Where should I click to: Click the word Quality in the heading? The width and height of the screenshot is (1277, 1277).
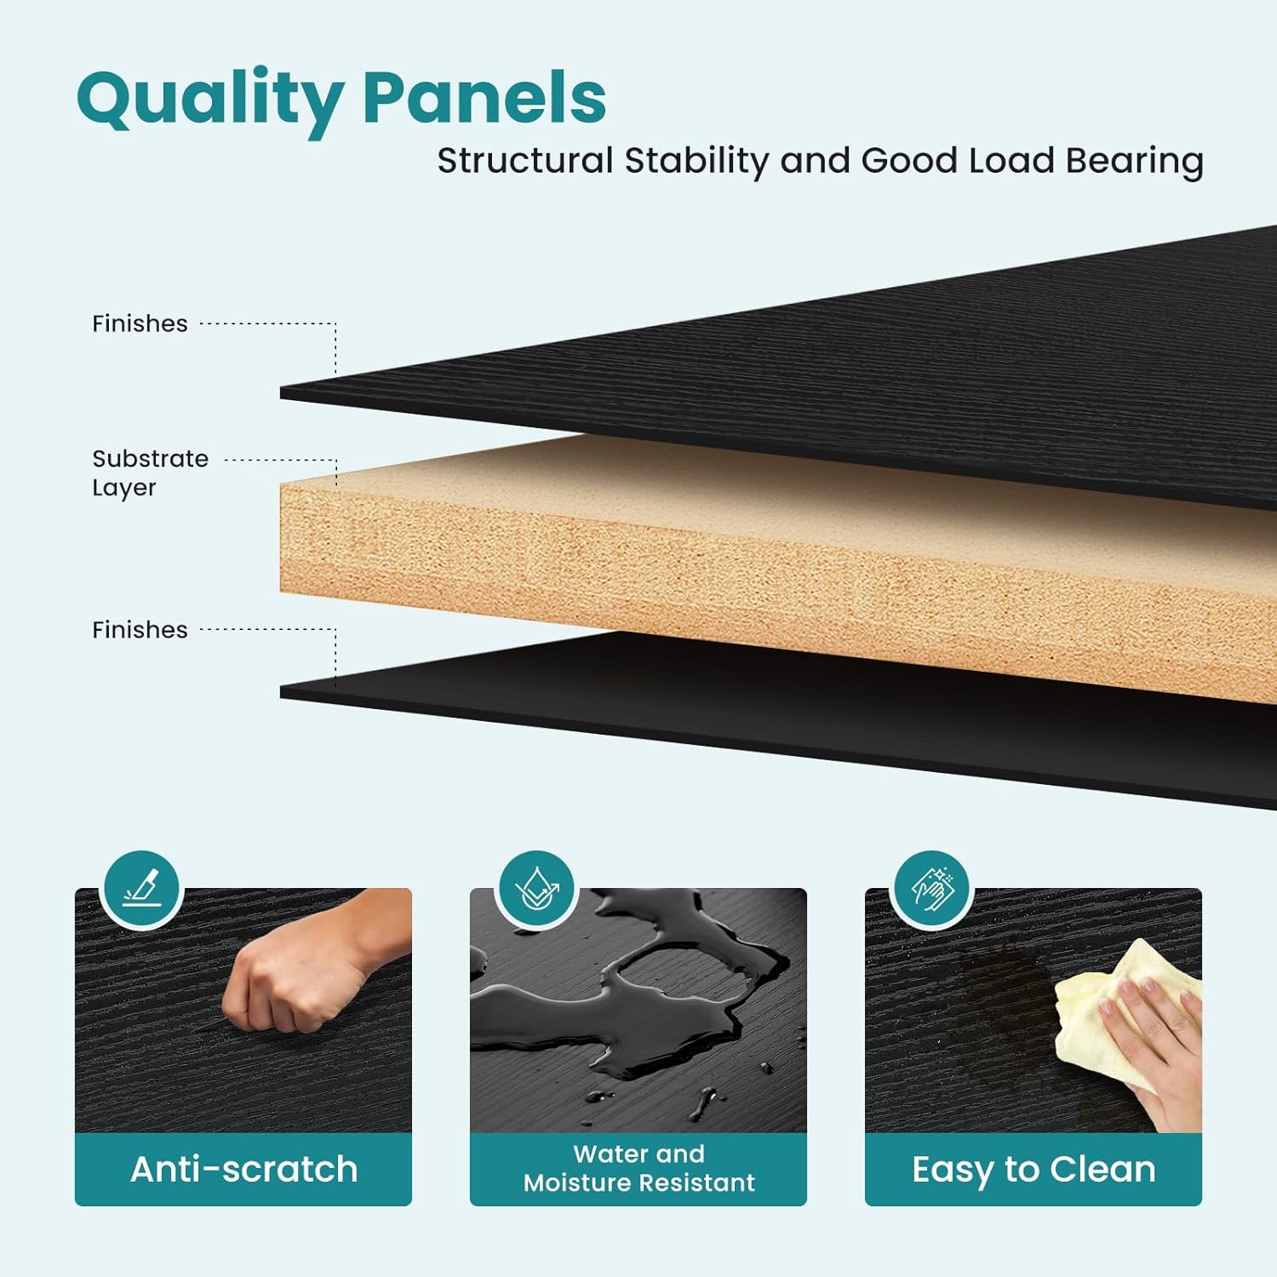click(209, 100)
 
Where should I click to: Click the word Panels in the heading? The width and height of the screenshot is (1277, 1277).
click(484, 97)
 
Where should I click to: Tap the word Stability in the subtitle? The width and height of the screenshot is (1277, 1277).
click(696, 161)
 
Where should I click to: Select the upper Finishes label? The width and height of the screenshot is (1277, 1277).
click(140, 324)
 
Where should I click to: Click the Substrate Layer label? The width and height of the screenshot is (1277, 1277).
click(150, 473)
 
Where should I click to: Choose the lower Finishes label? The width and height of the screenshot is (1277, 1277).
click(140, 630)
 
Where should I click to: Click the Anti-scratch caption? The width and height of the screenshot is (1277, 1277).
click(243, 1170)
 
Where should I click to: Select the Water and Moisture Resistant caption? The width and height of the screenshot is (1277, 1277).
click(638, 1168)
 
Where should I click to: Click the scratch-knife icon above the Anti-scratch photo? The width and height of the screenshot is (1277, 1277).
click(140, 890)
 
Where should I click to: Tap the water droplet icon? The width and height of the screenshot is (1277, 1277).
click(536, 890)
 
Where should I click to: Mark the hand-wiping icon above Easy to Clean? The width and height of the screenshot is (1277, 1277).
click(932, 890)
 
